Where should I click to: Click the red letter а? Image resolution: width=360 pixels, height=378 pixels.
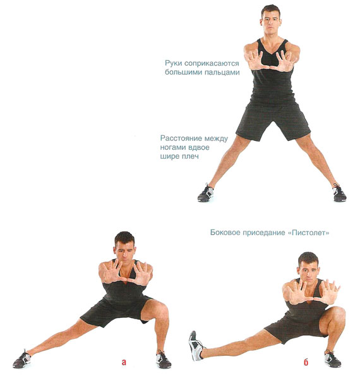click(x=124, y=362)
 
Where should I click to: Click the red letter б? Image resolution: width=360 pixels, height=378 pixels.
click(x=306, y=362)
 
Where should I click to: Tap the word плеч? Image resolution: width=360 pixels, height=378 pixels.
click(x=189, y=157)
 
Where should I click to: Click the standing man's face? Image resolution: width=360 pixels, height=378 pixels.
click(x=271, y=23)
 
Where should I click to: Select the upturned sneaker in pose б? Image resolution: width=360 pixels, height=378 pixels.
click(x=196, y=346)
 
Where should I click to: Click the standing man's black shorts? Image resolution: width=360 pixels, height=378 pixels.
click(x=273, y=120)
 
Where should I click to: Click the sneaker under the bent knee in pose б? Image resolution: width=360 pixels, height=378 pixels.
click(x=333, y=358)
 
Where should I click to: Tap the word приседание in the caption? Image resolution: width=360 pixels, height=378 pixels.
click(x=263, y=233)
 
